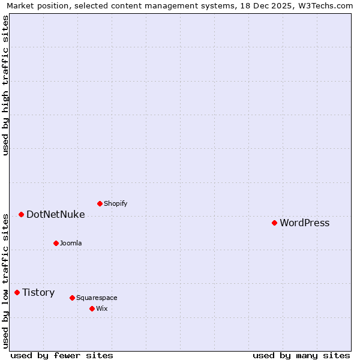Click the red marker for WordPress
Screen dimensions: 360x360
[x=274, y=223]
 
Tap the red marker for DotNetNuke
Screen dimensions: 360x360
[x=21, y=214]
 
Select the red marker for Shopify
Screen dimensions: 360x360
[x=100, y=203]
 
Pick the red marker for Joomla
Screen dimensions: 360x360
[x=56, y=243]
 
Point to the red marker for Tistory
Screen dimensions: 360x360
[x=17, y=292]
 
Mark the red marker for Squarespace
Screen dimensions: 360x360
[x=72, y=298]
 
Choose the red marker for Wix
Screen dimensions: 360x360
[x=92, y=308]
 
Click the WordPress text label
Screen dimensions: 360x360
[x=304, y=223]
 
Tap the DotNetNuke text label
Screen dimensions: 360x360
[x=55, y=215]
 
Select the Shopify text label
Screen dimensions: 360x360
[x=115, y=204]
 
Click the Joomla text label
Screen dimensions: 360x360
[x=71, y=244]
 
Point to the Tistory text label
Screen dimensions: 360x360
[x=38, y=293]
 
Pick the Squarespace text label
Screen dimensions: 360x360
[x=97, y=298]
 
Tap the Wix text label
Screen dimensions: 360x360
[x=101, y=309]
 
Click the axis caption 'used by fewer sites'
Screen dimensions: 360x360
[x=62, y=355]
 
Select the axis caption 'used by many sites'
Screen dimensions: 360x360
[x=301, y=355]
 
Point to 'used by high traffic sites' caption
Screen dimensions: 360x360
[x=5, y=85]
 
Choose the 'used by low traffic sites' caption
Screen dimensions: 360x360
[x=5, y=280]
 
